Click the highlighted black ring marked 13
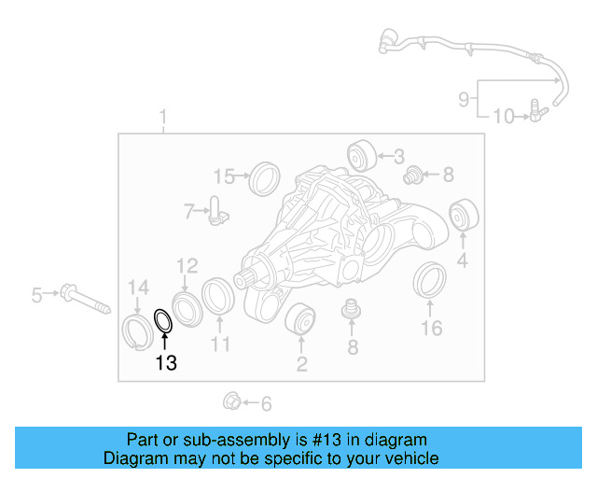coord(163,321)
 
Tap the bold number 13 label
coord(165,364)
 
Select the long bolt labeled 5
coord(83,298)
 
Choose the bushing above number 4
coord(464,217)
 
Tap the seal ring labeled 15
coord(266,177)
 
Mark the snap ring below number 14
coord(138,330)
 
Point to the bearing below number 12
coord(187,308)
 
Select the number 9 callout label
coord(464,98)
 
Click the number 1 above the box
coord(162,118)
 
